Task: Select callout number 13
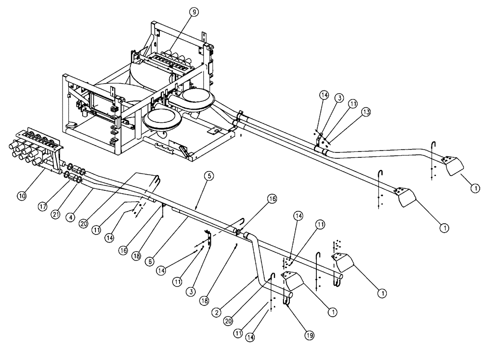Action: coord(366,113)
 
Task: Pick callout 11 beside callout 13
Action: coord(353,104)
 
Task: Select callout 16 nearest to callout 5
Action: coord(272,199)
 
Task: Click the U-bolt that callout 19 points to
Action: coord(287,298)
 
